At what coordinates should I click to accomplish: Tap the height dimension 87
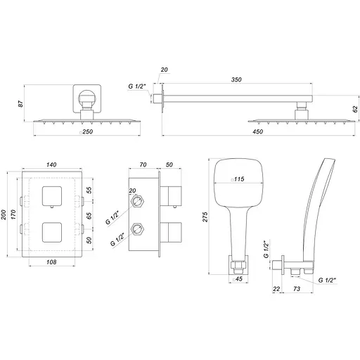click(x=25, y=104)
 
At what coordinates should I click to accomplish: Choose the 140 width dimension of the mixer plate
click(x=51, y=165)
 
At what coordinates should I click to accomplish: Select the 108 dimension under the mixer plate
click(x=51, y=262)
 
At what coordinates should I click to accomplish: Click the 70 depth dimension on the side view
click(x=143, y=165)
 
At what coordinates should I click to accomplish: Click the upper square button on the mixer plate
click(x=51, y=198)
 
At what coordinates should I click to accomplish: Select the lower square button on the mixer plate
click(x=51, y=233)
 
